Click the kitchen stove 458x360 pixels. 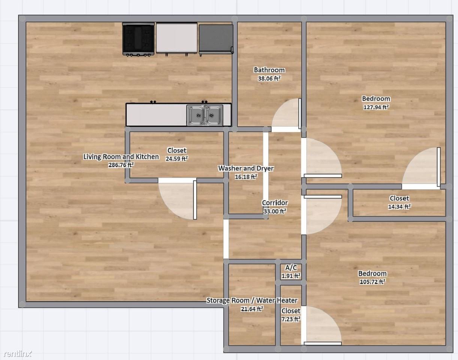click(138, 39)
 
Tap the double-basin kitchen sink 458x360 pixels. click(205, 115)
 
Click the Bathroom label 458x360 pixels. click(269, 70)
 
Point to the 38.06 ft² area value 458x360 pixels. click(269, 79)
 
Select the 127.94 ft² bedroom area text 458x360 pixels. click(376, 107)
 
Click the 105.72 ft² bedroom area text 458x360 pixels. click(372, 282)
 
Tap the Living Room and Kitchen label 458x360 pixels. click(121, 157)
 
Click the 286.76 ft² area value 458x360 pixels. click(121, 165)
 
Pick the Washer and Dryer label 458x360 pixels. click(246, 168)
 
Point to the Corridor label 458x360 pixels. click(275, 203)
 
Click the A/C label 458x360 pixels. click(291, 268)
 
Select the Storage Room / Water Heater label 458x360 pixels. click(252, 300)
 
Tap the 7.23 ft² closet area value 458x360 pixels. click(291, 319)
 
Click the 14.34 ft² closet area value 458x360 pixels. click(399, 206)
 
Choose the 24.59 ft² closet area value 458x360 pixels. click(177, 159)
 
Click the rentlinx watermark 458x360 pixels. click(18, 353)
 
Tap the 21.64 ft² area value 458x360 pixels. click(252, 309)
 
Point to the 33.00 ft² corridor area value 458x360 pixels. click(275, 211)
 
